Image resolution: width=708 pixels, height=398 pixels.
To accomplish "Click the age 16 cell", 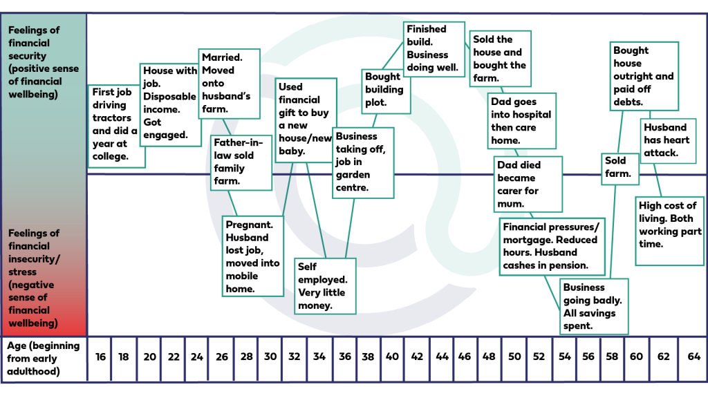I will coord(100,357).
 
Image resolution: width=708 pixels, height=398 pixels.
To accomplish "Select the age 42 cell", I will coord(417,357).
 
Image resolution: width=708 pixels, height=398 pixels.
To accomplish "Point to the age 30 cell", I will coord(270,357).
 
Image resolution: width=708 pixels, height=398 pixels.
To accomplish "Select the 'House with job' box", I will coord(169,103).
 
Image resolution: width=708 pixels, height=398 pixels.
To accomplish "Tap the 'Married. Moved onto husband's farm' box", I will coord(229,83).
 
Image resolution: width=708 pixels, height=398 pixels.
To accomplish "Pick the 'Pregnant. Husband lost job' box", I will coord(252,256).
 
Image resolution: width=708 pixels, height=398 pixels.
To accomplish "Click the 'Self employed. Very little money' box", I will coord(325,285).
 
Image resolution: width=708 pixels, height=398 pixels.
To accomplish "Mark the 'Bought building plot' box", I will coord(385,90).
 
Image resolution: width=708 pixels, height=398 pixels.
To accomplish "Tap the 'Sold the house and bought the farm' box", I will coord(500,59).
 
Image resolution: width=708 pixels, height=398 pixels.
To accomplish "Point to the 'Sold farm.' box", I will coord(618,167).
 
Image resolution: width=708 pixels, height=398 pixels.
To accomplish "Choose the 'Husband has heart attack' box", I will coord(667,140).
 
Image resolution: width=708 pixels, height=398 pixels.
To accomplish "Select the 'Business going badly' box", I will coord(593,306).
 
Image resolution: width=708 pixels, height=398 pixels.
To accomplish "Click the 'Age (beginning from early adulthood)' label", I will coord(44,359).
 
